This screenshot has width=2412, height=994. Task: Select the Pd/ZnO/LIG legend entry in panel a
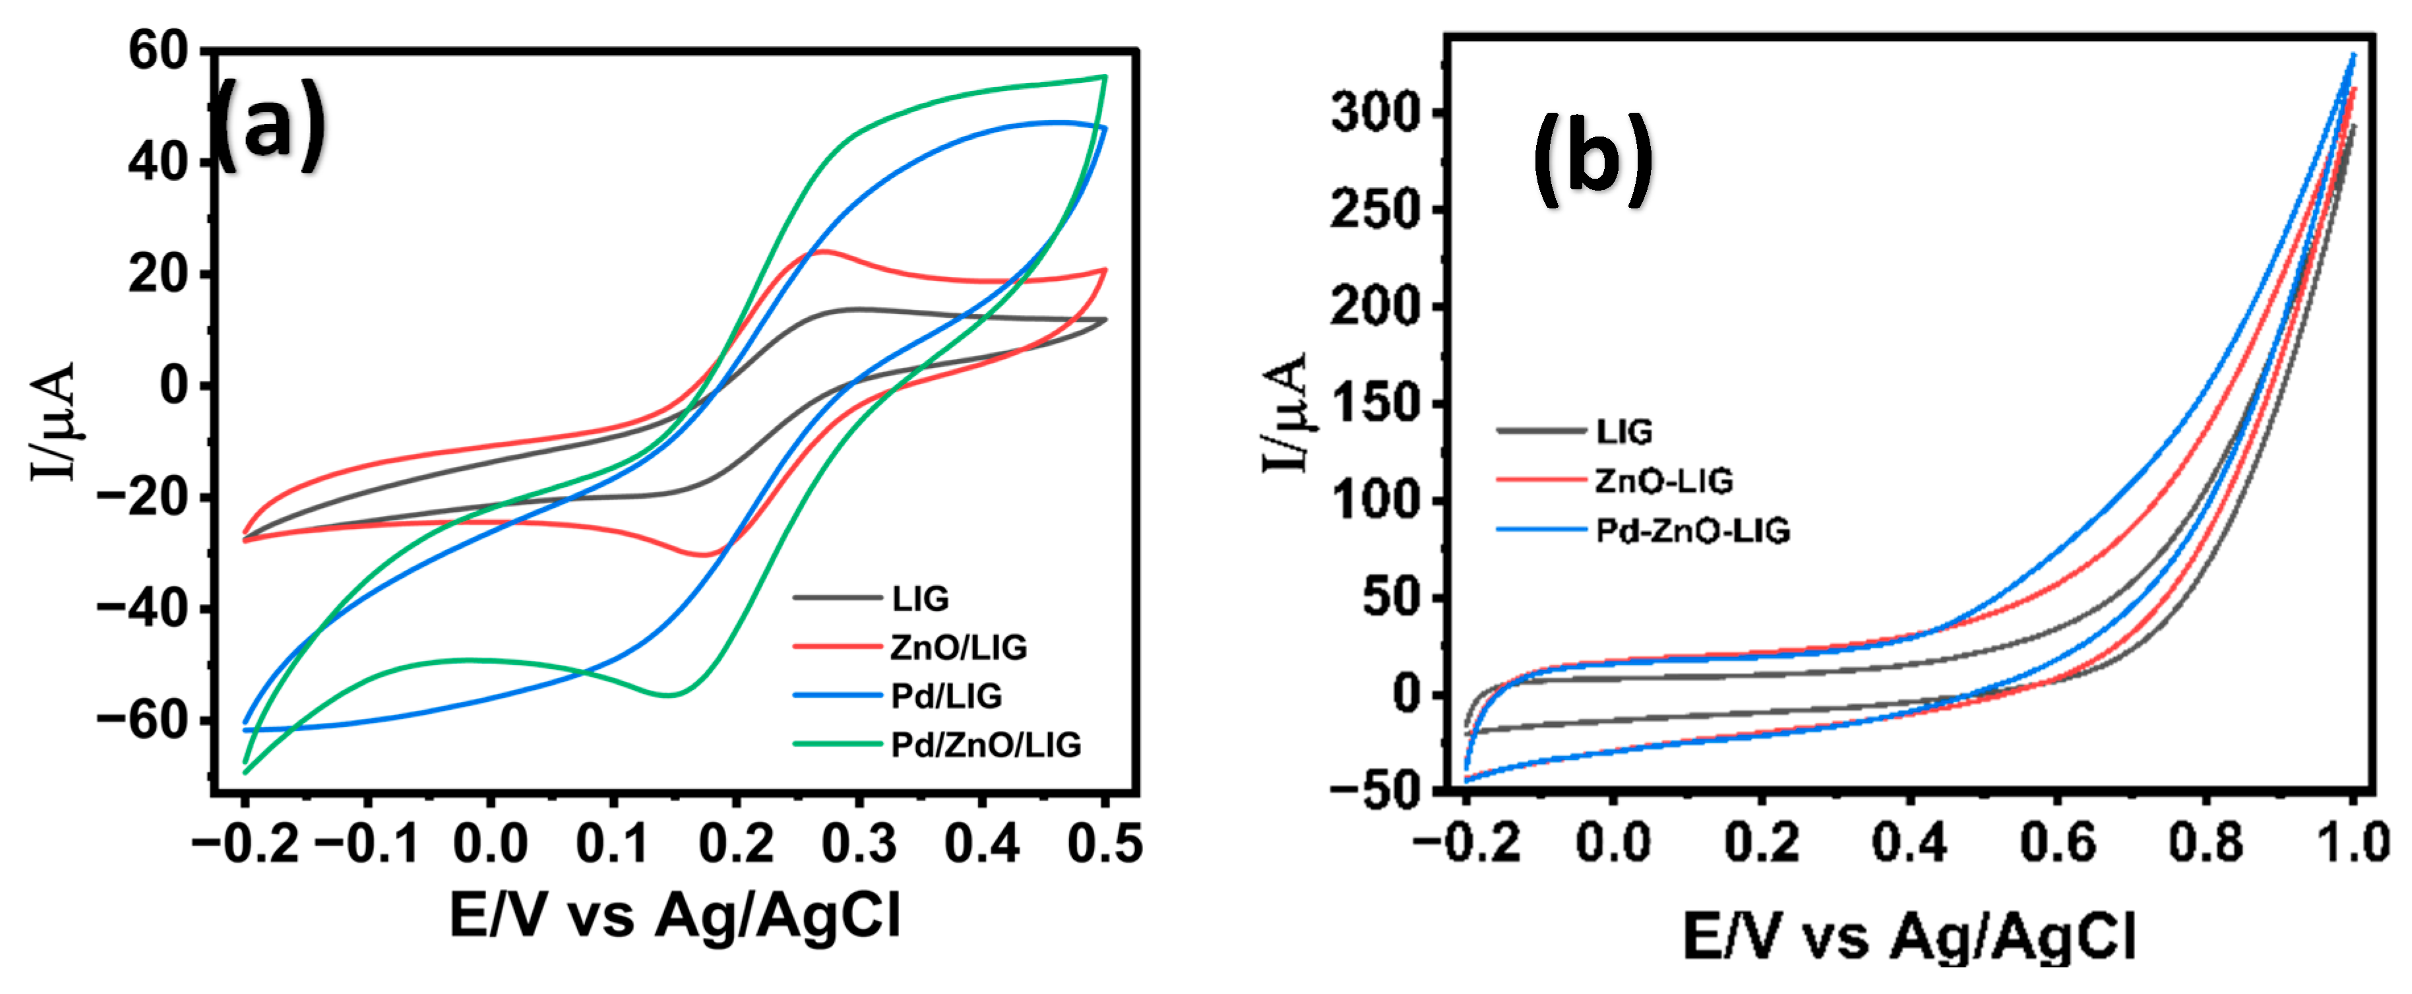(985, 745)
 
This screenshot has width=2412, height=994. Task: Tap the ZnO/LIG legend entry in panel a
(958, 647)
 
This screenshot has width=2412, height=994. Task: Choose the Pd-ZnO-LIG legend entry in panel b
(1692, 531)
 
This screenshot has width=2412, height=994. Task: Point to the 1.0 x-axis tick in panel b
(2352, 842)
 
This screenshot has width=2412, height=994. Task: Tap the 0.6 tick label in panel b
(2057, 842)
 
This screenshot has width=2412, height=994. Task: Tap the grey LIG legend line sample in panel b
(1540, 431)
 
